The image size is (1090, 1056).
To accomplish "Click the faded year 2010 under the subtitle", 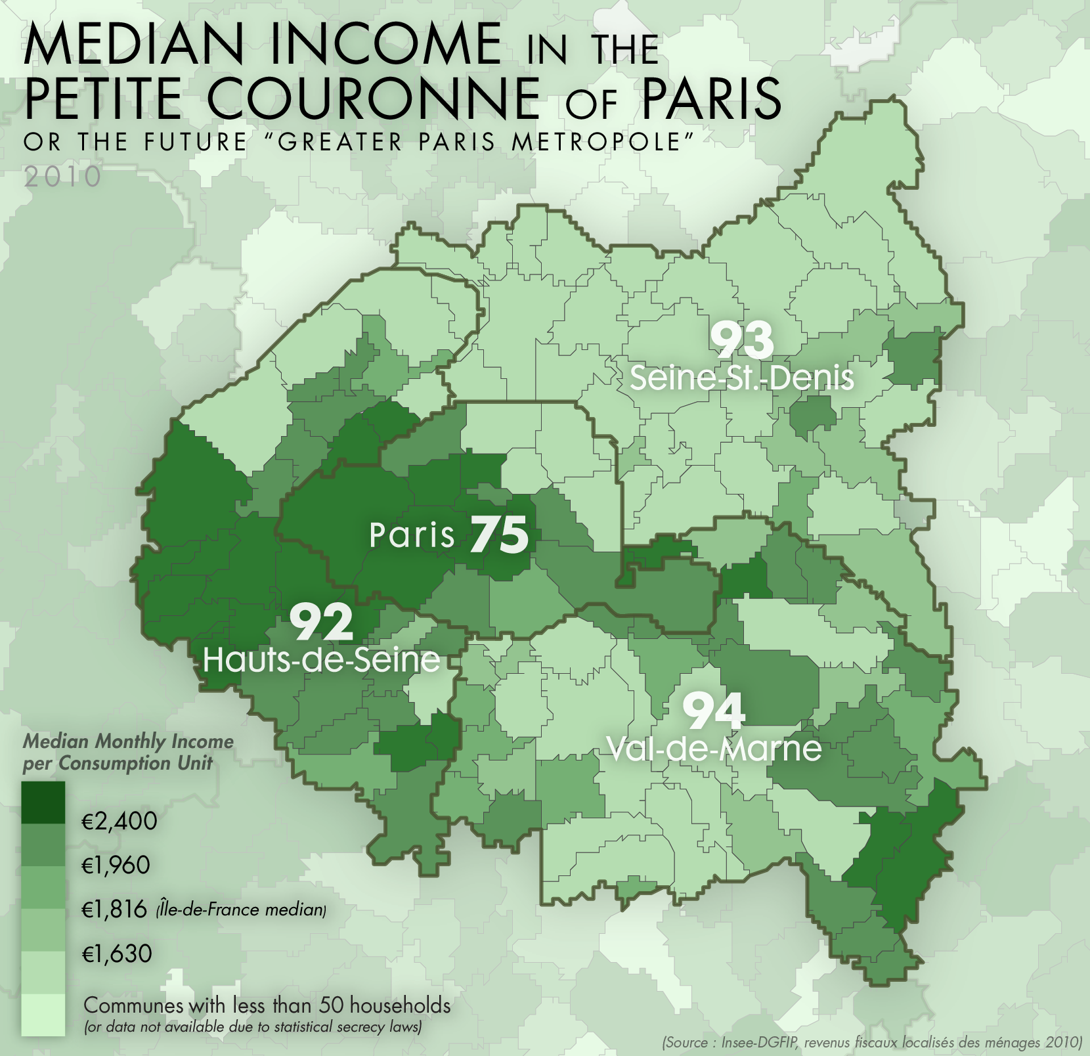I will (62, 176).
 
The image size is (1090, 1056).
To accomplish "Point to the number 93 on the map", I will (742, 340).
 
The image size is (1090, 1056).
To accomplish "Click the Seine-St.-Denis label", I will (742, 378).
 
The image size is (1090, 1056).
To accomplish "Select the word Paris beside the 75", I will (412, 535).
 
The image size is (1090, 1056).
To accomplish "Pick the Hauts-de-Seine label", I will (322, 660).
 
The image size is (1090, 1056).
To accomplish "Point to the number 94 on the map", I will (714, 711).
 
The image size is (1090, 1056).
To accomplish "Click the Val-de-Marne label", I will (714, 749).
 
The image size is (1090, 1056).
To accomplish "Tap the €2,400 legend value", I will (119, 821).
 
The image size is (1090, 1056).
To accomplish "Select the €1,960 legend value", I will (116, 865).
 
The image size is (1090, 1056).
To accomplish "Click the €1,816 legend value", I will (114, 910).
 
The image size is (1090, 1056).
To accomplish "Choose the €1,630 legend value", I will (116, 954).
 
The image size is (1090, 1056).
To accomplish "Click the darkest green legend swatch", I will (43, 802).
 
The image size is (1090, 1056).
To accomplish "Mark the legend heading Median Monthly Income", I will (128, 741).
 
